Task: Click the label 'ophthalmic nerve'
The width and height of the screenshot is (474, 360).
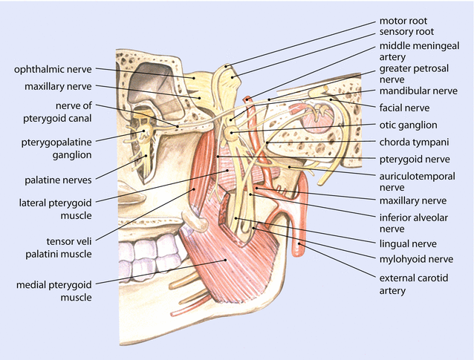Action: (x=52, y=70)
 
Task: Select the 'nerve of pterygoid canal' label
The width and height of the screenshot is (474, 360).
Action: (x=65, y=111)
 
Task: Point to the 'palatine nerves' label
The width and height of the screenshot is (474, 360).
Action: (x=56, y=179)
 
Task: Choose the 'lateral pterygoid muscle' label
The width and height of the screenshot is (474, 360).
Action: (x=56, y=209)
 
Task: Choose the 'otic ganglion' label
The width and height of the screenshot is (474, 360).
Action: (x=408, y=125)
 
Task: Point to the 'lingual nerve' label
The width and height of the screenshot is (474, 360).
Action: (x=407, y=243)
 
